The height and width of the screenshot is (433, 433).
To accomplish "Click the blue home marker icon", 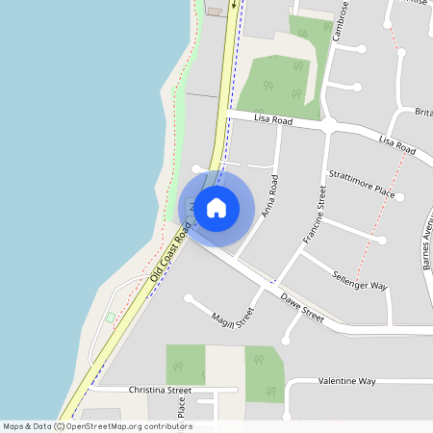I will tap(216, 207).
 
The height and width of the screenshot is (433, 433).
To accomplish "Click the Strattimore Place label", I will tap(362, 183).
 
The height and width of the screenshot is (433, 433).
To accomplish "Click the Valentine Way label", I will tap(346, 381).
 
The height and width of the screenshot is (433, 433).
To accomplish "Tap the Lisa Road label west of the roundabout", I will tap(273, 119).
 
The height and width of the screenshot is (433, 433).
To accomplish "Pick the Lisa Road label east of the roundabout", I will tap(396, 144).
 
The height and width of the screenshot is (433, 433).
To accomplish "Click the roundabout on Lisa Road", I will tap(330, 125).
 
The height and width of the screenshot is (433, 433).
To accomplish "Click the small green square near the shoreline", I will tap(110, 318).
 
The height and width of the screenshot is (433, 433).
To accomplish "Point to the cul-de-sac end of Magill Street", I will tap(189, 298).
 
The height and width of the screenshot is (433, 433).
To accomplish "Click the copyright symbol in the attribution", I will tap(60, 426).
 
